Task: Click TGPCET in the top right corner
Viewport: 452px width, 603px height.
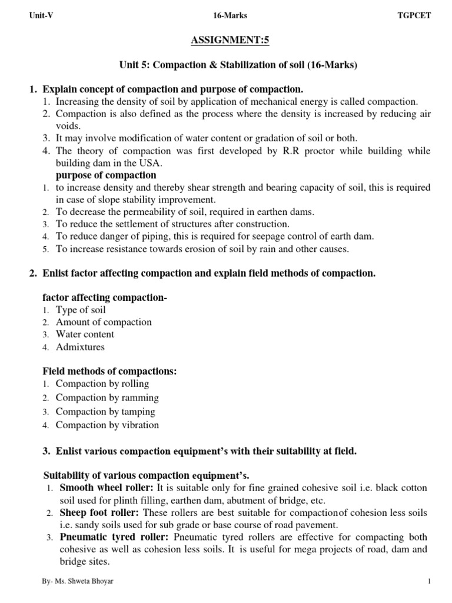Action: pos(414,16)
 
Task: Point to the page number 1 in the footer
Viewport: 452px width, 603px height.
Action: pos(430,582)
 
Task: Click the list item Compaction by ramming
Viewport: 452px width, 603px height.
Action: pos(107,397)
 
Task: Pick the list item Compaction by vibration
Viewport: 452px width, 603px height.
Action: pos(107,425)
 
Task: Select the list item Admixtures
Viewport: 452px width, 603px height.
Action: pos(80,347)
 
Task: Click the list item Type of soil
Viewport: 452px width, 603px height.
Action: pos(81,310)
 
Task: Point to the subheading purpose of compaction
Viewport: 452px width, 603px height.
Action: pos(106,175)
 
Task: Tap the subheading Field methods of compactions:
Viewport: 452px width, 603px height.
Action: pos(110,372)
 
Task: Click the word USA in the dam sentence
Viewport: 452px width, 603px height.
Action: pos(148,163)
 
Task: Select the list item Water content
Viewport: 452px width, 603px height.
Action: pos(85,334)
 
